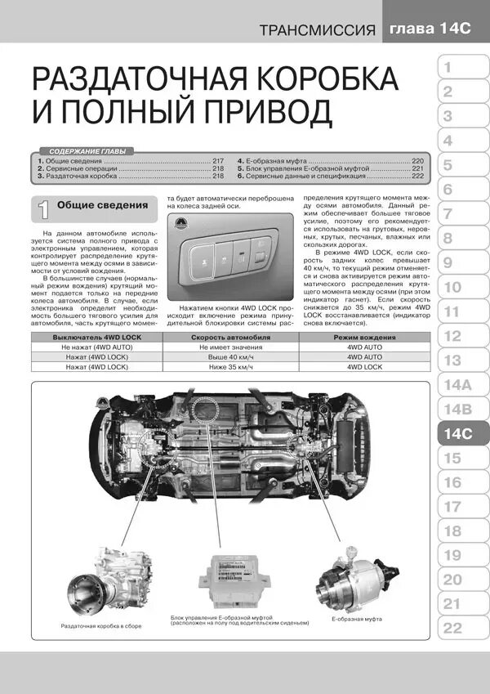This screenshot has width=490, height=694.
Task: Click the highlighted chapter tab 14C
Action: click(458, 433)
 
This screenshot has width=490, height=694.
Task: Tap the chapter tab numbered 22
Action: click(452, 628)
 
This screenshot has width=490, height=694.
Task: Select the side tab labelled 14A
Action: click(455, 384)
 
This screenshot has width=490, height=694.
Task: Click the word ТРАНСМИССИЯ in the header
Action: click(318, 32)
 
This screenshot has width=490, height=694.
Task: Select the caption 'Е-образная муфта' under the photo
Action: click(358, 620)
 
